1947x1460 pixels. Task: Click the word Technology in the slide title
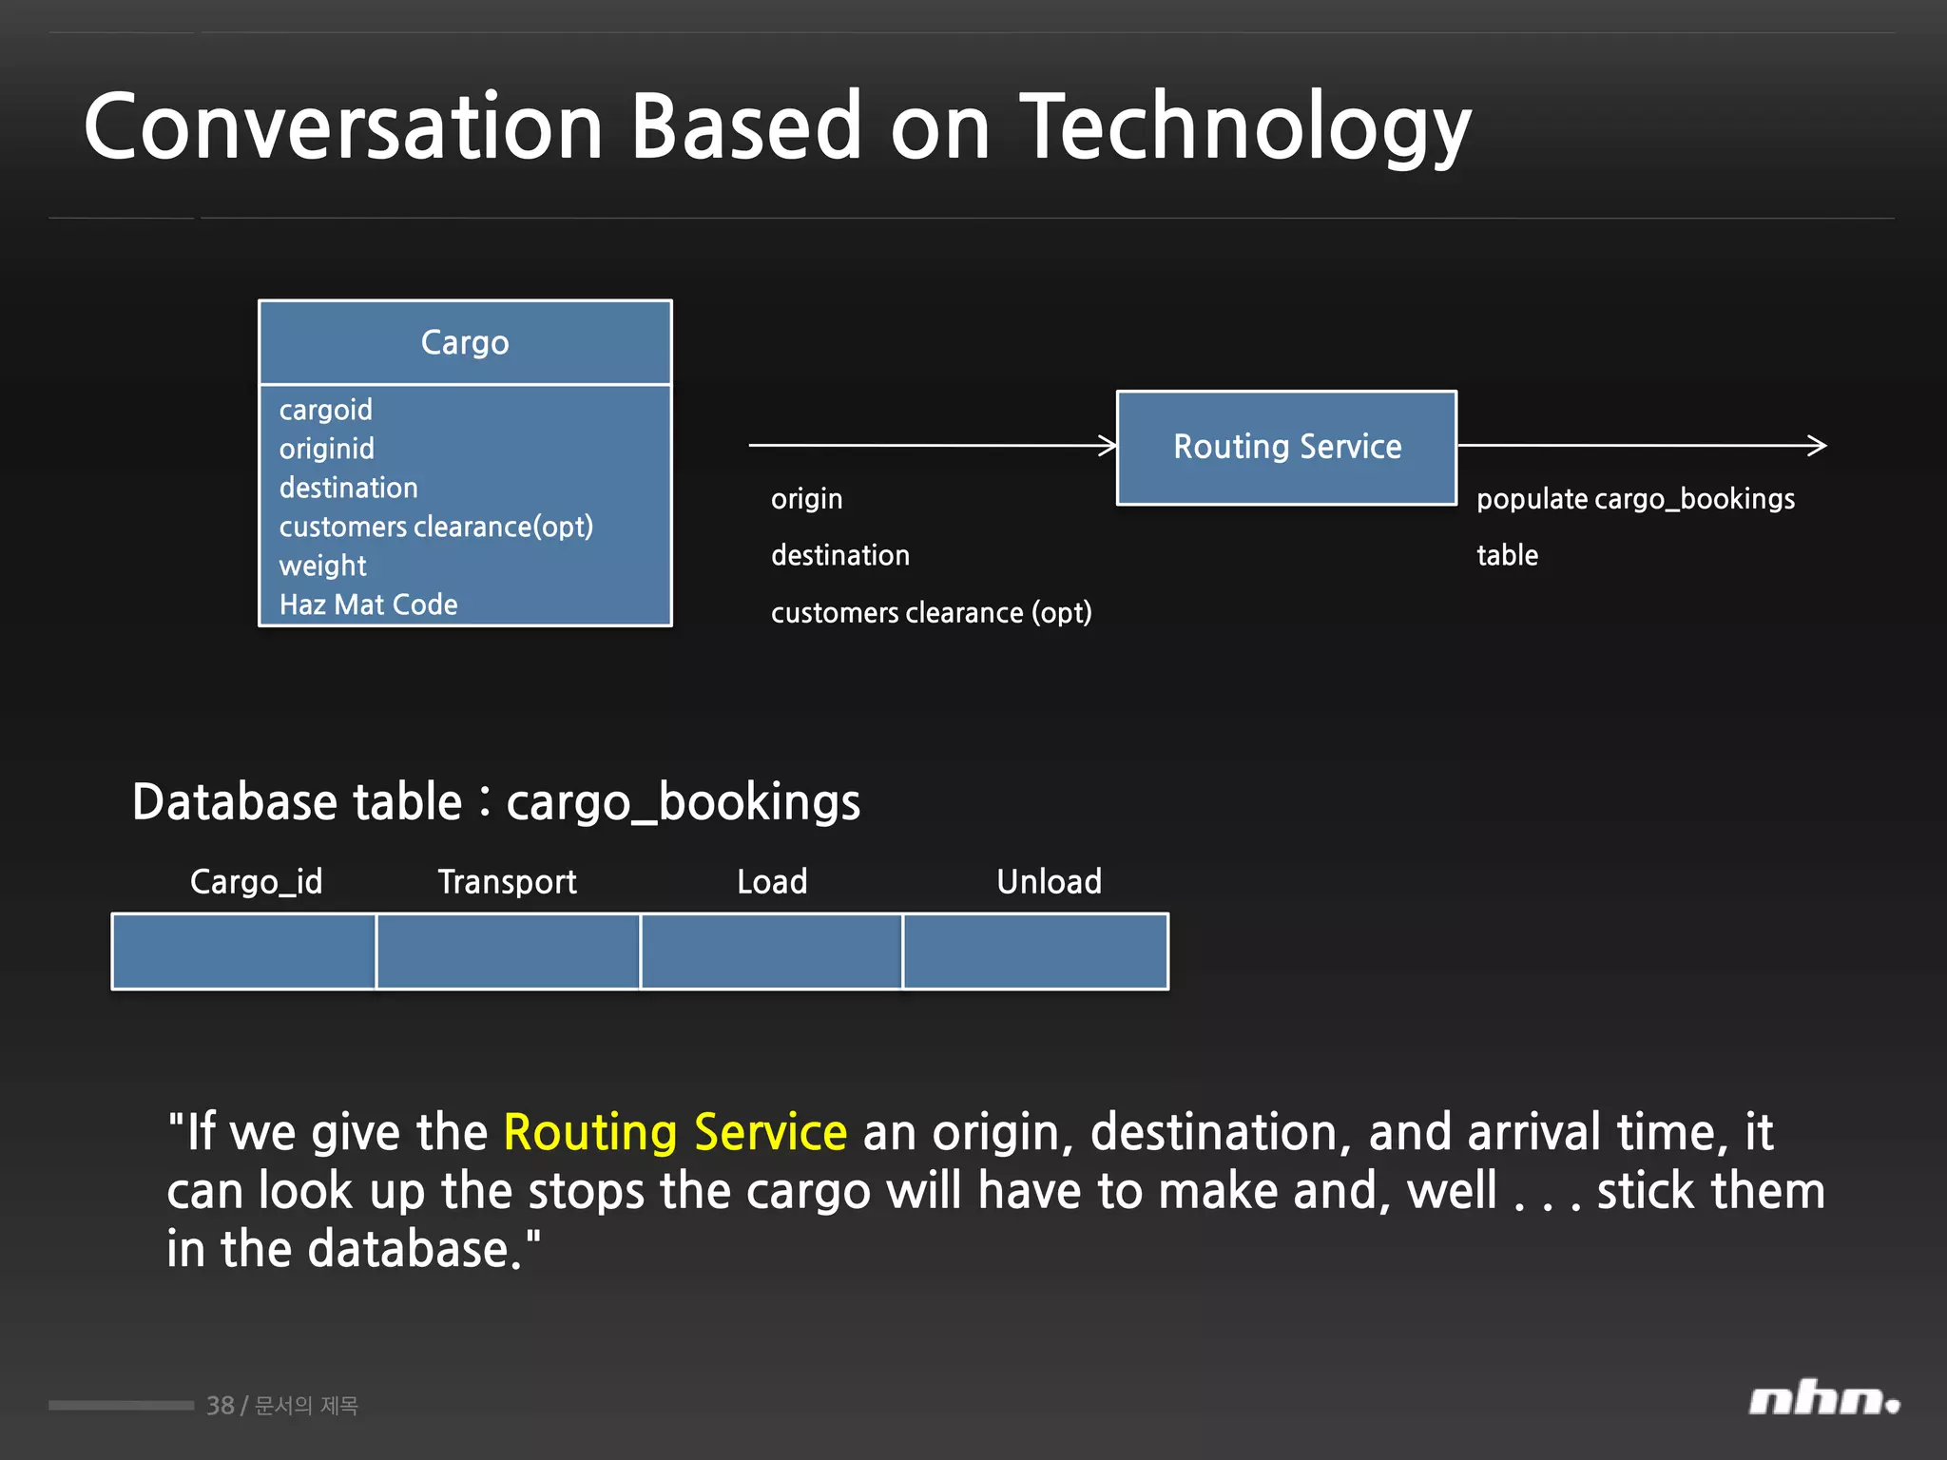point(1245,128)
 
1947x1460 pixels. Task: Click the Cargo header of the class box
point(465,342)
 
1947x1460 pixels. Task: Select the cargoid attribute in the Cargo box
point(325,410)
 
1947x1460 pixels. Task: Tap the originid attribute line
point(326,449)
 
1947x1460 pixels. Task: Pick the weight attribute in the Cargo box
point(322,566)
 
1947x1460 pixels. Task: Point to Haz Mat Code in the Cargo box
point(368,605)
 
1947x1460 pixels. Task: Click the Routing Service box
point(1286,447)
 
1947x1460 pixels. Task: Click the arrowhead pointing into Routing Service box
point(1108,445)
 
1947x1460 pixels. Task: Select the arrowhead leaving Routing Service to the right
point(1817,445)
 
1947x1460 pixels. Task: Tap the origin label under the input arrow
point(806,499)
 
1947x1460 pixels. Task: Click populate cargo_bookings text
point(1635,499)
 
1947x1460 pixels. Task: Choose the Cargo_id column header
point(256,881)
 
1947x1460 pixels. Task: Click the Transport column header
point(507,881)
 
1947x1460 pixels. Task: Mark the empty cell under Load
point(771,951)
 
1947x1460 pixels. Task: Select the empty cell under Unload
point(1035,951)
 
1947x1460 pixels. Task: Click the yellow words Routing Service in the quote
point(675,1132)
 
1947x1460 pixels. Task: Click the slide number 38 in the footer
point(220,1405)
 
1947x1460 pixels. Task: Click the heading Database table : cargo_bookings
point(496,801)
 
